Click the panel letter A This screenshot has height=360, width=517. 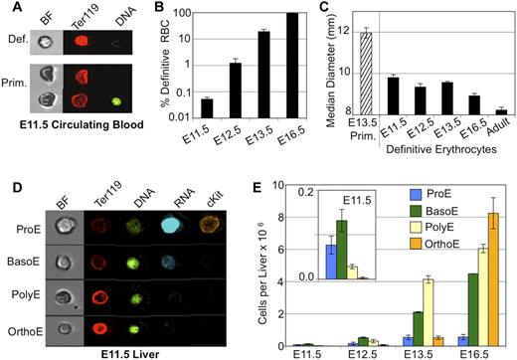8,9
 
